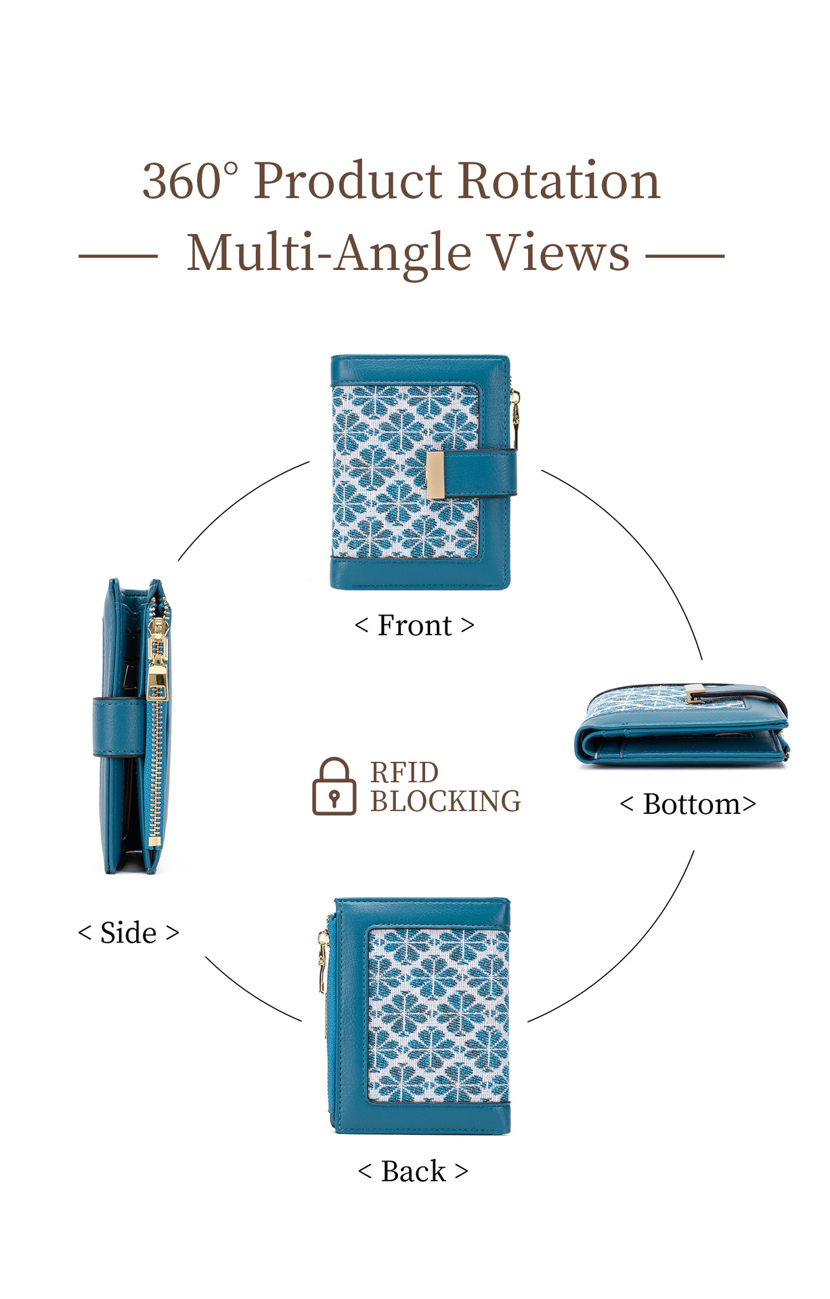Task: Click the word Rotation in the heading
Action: (x=559, y=181)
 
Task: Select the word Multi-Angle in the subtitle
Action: (x=328, y=253)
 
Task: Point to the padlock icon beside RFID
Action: (x=334, y=786)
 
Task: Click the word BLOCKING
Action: (x=445, y=802)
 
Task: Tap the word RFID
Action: (x=404, y=773)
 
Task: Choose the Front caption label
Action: (x=414, y=626)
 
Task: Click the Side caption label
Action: (x=129, y=933)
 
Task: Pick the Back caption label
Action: (x=413, y=1172)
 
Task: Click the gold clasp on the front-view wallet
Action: (x=435, y=474)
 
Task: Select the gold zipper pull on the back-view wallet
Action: (x=323, y=961)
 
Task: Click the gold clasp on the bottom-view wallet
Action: (x=694, y=694)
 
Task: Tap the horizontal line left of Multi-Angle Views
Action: (x=118, y=256)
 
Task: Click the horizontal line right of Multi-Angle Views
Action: (x=684, y=256)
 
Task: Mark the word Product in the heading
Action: (x=348, y=181)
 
